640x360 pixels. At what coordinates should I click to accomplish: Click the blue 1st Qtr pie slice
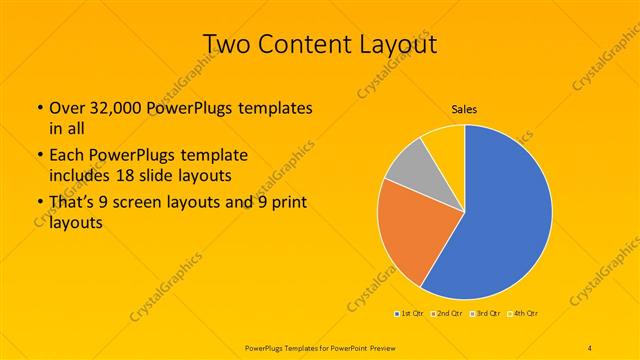500,215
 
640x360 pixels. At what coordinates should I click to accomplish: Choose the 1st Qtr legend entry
408,314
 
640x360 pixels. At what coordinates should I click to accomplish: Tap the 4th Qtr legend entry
526,314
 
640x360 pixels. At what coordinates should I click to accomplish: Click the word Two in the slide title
228,44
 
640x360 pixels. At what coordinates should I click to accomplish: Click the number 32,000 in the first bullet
111,108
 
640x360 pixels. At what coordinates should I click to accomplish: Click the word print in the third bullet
286,206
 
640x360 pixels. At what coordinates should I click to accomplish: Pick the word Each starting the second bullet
66,156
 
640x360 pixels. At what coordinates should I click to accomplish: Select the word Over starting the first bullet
67,108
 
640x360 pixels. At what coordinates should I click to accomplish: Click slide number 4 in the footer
590,347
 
